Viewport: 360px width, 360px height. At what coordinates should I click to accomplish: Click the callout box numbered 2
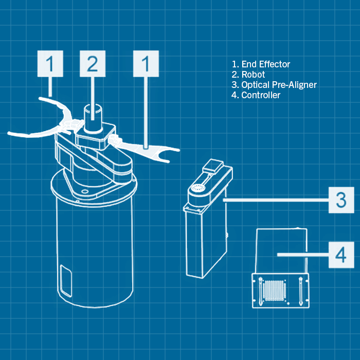coord(93,64)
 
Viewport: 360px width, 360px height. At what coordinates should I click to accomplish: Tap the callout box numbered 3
coord(341,200)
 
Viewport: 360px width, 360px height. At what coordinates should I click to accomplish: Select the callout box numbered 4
coord(341,255)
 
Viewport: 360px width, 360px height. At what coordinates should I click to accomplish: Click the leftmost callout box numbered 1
coord(50,64)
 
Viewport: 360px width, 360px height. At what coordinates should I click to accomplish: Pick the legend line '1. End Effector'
coord(261,64)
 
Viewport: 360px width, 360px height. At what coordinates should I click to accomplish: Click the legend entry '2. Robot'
coord(248,75)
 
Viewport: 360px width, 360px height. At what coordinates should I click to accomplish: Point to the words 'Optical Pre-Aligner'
coord(279,85)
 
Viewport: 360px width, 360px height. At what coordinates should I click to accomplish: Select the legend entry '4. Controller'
coord(256,95)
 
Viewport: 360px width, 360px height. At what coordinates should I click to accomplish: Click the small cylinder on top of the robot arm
coord(93,118)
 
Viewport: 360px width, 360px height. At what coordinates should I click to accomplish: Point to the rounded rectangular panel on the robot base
coord(66,281)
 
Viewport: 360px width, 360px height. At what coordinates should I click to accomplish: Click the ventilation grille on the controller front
coord(275,291)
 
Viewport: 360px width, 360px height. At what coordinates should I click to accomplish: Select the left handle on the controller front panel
coord(260,292)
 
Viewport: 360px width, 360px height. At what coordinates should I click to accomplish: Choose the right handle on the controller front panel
coord(300,292)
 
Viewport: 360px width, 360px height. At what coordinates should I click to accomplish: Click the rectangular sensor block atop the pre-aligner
coord(213,166)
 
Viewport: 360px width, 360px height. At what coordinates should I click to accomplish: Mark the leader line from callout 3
coord(276,200)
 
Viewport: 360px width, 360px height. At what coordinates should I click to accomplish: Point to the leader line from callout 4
coord(303,255)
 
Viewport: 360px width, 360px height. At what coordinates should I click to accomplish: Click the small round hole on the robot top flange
coord(84,191)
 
